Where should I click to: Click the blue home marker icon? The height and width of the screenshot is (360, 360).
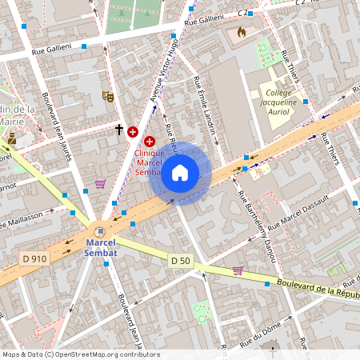click(180, 173)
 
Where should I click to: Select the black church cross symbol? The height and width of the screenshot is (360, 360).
click(119, 129)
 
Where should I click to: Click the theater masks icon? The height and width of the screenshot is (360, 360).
click(107, 97)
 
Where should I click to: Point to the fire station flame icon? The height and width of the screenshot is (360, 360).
click(242, 33)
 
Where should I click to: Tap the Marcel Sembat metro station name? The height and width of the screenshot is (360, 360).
click(101, 248)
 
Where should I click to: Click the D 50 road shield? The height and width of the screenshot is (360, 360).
click(181, 261)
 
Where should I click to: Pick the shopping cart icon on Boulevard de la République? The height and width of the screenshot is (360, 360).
click(238, 270)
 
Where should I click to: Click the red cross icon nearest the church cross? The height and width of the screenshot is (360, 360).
click(133, 130)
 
